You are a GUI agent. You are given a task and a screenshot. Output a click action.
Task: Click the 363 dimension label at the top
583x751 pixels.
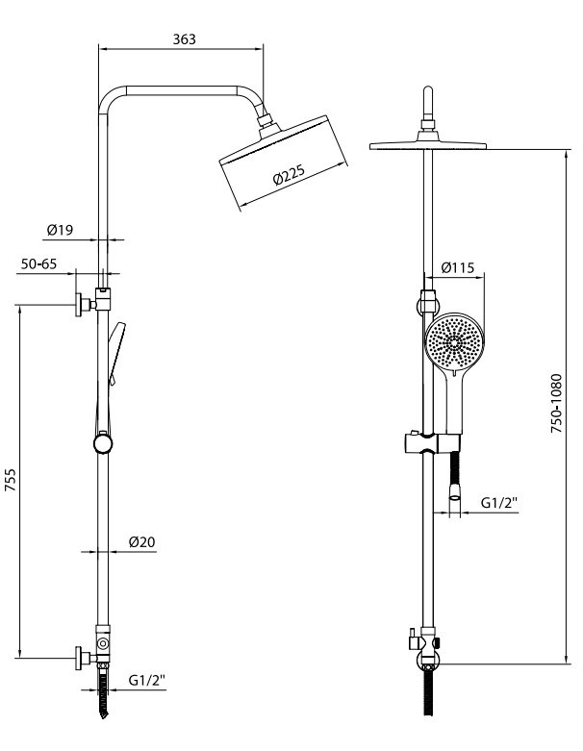[x=185, y=38]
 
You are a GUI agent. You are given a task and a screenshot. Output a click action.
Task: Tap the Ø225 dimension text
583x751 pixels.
[x=289, y=175]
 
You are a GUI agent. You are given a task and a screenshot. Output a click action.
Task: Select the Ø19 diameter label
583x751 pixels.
[x=60, y=230]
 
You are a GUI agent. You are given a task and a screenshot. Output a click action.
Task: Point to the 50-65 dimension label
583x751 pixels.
[x=38, y=263]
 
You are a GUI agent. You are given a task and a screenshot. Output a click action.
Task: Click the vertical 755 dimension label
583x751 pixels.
[x=10, y=480]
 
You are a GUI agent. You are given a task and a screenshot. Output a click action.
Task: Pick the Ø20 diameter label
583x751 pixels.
[x=141, y=542]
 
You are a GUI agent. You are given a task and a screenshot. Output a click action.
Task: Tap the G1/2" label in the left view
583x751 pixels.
[x=146, y=680]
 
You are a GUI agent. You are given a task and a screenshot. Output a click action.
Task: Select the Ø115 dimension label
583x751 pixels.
[x=458, y=267]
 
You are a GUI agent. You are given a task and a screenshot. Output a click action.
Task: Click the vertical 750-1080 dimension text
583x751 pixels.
[x=556, y=403]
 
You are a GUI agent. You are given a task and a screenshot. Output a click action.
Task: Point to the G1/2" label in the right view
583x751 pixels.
[x=499, y=503]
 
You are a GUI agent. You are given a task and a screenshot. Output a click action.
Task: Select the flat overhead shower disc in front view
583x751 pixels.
[x=428, y=145]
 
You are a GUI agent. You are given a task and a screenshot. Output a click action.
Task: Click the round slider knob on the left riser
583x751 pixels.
[x=103, y=444]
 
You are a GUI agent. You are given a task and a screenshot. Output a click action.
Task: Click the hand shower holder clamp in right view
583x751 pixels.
[x=431, y=443]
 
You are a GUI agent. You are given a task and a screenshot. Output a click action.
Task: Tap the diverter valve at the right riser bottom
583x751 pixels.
[x=425, y=641]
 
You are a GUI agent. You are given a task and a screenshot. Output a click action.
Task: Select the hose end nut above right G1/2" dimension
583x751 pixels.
[x=454, y=491]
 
